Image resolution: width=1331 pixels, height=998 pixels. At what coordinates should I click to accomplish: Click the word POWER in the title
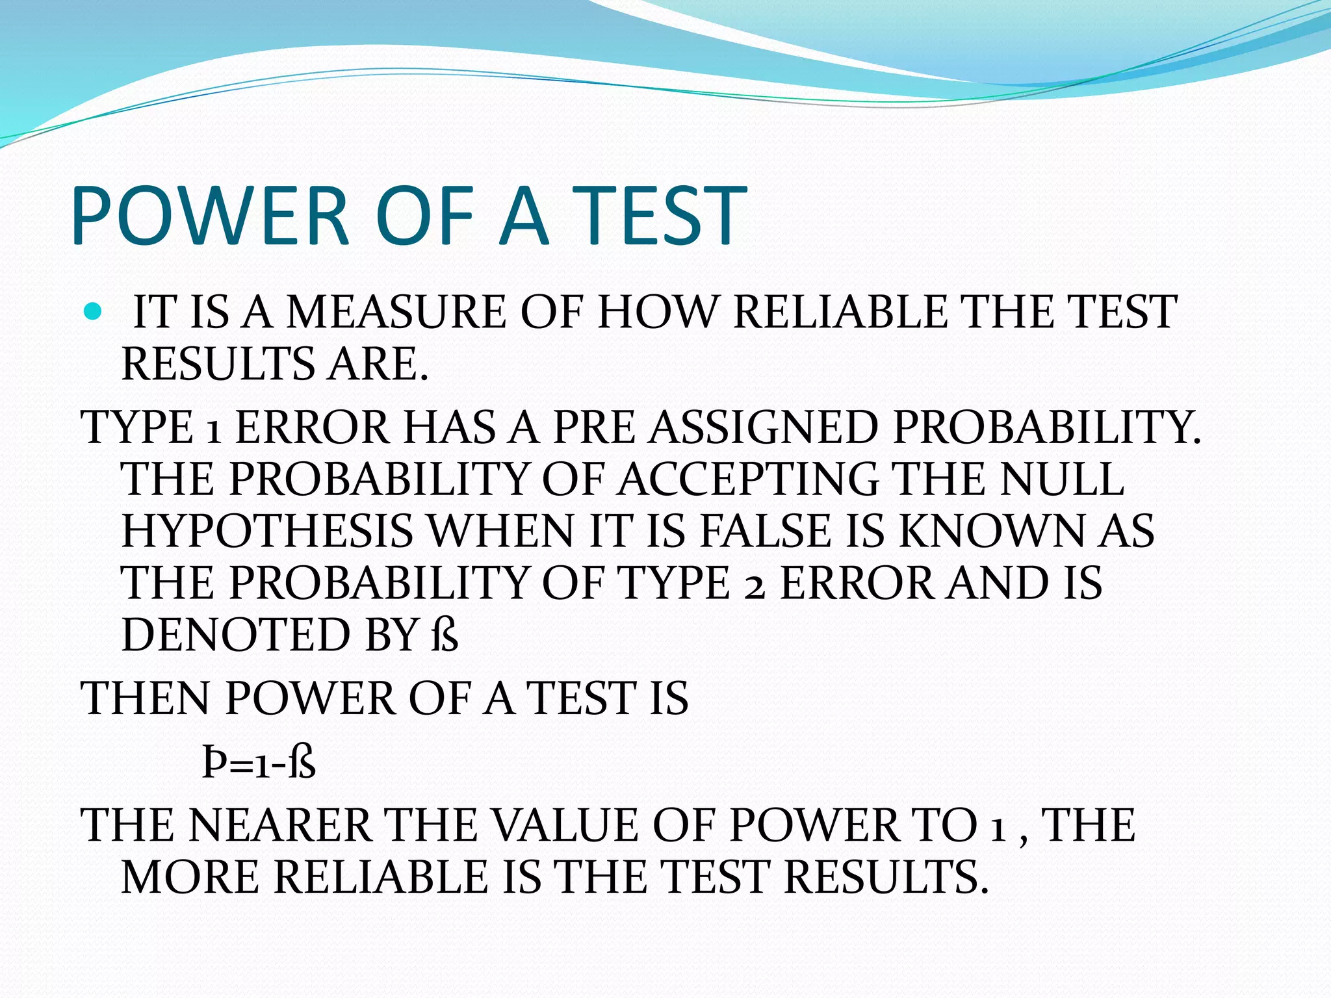[211, 216]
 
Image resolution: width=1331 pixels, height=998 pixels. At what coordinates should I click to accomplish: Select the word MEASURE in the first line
[396, 313]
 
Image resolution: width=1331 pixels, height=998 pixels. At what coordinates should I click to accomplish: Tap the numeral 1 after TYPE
[213, 430]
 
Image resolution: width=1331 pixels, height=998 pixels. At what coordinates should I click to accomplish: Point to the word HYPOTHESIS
[267, 531]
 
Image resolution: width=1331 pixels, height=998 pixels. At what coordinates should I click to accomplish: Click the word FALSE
[766, 531]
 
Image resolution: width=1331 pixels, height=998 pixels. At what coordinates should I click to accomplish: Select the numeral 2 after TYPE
[754, 584]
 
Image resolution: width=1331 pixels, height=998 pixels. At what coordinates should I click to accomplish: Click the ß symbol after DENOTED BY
[444, 635]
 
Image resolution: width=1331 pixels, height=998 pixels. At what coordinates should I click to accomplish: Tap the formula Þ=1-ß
[259, 764]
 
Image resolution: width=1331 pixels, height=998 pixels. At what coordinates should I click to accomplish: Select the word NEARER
[279, 826]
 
